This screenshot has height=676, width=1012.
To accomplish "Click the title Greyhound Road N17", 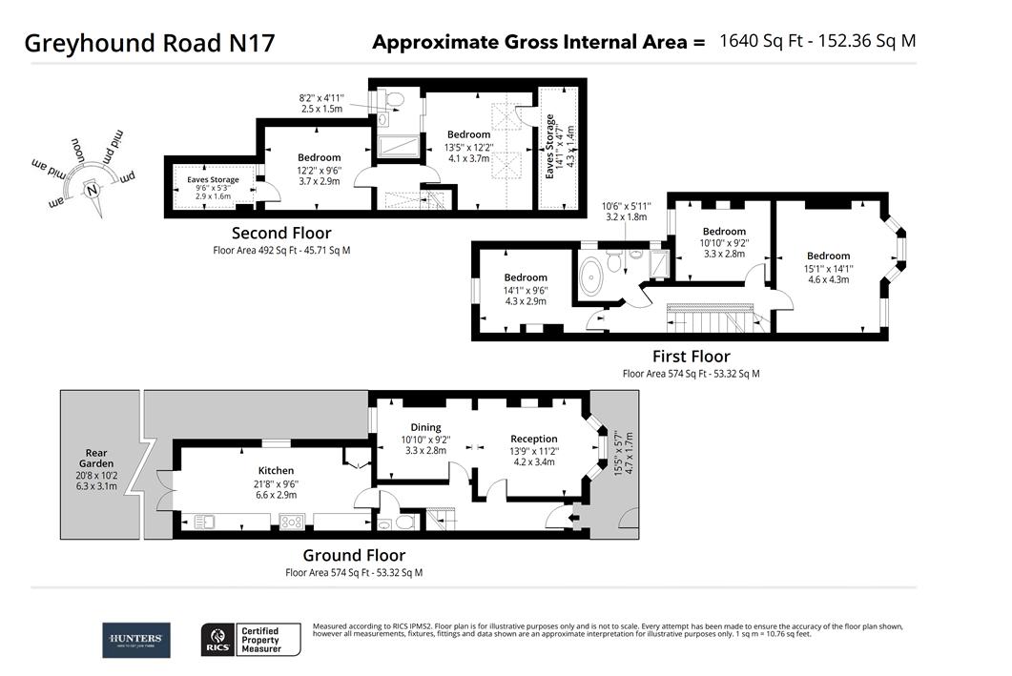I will [150, 43].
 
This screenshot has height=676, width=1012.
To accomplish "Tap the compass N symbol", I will [92, 189].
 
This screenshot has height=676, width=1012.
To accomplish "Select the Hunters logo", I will [136, 640].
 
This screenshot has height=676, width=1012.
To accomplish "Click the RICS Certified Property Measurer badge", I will [250, 640].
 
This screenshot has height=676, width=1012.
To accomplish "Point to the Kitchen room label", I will [276, 470].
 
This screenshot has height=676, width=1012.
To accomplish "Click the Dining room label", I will [425, 427].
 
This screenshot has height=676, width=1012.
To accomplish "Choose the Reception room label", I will [533, 439].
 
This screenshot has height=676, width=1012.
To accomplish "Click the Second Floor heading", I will [281, 233].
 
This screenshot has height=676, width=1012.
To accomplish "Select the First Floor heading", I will [691, 357].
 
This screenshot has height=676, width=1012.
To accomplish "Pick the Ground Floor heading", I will [354, 555].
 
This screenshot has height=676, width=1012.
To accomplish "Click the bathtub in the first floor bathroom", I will [592, 275].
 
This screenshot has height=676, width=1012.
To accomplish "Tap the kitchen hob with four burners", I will [291, 522].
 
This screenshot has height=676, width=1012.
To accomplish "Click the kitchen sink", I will [206, 522].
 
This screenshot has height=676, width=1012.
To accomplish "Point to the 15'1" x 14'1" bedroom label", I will [828, 256].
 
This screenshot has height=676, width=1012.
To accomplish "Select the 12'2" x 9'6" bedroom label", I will [319, 157].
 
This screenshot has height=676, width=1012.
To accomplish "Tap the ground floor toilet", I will [405, 522].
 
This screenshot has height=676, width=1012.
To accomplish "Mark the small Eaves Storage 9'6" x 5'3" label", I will [213, 179].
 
